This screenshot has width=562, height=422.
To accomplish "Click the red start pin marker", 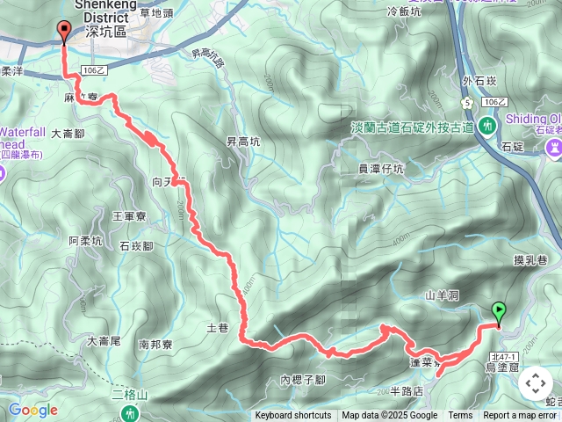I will pyautogui.click(x=64, y=31).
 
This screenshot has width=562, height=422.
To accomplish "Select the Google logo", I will pyautogui.click(x=32, y=410).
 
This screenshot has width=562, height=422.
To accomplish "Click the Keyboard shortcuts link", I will pyautogui.click(x=293, y=416).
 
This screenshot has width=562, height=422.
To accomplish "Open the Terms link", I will pyautogui.click(x=460, y=416).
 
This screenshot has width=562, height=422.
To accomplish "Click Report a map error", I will pyautogui.click(x=520, y=416).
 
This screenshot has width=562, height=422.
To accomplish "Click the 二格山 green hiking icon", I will pyautogui.click(x=131, y=411).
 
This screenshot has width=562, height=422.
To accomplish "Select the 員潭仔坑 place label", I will pyautogui.click(x=380, y=169).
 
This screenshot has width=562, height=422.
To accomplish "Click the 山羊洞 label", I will pyautogui.click(x=443, y=296).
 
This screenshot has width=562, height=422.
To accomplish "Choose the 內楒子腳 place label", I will pyautogui.click(x=302, y=380).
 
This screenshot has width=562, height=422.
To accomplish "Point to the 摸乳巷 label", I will pyautogui.click(x=530, y=260).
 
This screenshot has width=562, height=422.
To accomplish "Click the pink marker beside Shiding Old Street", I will pyautogui.click(x=555, y=149).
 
